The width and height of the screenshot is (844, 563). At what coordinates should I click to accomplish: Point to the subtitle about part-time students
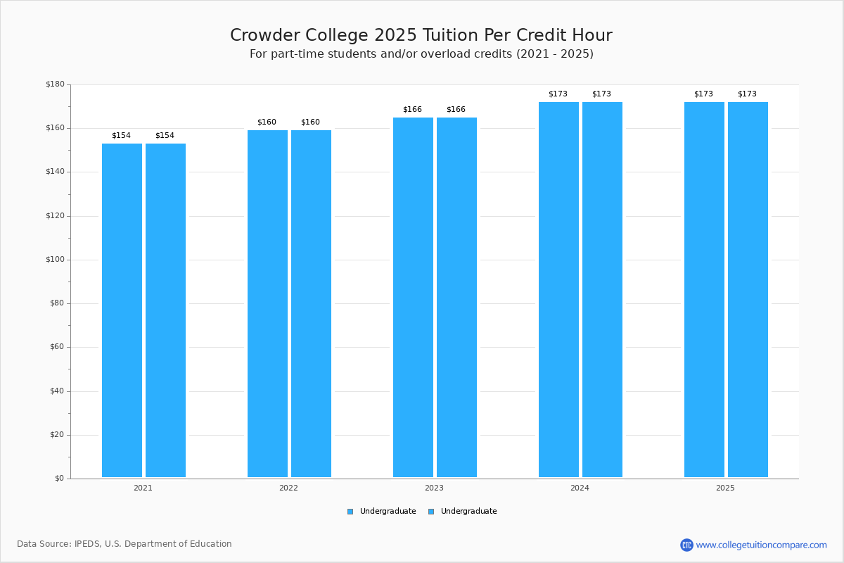(421, 54)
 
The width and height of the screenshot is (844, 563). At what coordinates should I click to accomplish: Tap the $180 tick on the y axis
(55, 84)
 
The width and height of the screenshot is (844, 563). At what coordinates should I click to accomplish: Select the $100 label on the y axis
(55, 260)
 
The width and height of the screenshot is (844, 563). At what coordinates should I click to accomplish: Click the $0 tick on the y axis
(59, 479)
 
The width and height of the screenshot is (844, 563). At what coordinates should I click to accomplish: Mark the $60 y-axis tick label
(57, 347)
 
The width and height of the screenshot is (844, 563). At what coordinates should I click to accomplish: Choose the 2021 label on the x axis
(143, 488)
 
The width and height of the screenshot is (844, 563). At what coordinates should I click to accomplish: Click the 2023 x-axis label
(434, 488)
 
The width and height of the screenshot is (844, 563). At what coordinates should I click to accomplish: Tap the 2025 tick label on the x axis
(725, 488)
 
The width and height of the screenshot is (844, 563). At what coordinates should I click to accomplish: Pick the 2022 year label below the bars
(288, 488)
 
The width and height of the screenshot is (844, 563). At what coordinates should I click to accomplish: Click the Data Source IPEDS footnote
(124, 544)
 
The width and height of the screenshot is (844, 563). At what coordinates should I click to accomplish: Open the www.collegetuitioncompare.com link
(761, 545)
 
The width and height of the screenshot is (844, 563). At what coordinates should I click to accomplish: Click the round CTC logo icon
(686, 545)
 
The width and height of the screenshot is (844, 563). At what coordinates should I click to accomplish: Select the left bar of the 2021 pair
(122, 310)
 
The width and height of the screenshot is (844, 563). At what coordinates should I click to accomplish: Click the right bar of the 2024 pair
(602, 289)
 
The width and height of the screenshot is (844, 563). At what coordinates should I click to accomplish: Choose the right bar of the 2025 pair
(748, 289)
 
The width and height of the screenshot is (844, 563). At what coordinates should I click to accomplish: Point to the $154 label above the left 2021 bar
(121, 136)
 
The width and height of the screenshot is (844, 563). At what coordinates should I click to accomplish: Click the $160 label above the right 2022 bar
(310, 122)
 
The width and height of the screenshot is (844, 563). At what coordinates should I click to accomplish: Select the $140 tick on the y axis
(55, 172)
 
